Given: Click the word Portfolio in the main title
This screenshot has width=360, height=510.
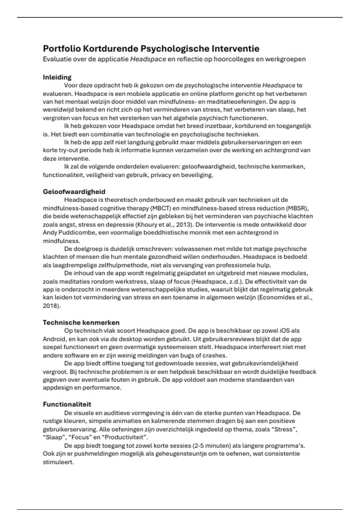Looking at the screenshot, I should pyautogui.click(x=61, y=49).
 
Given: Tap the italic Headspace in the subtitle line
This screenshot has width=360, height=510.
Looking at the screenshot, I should pyautogui.click(x=148, y=59).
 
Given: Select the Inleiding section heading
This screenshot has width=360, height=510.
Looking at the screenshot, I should pyautogui.click(x=57, y=77).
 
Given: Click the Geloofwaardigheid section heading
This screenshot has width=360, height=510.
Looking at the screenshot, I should pyautogui.click(x=74, y=191).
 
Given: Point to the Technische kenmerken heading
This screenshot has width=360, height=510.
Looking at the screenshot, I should pyautogui.click(x=81, y=322).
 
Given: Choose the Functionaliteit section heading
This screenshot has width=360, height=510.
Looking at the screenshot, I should pyautogui.click(x=67, y=404).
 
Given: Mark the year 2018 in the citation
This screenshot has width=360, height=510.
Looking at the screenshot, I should pyautogui.click(x=50, y=306).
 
